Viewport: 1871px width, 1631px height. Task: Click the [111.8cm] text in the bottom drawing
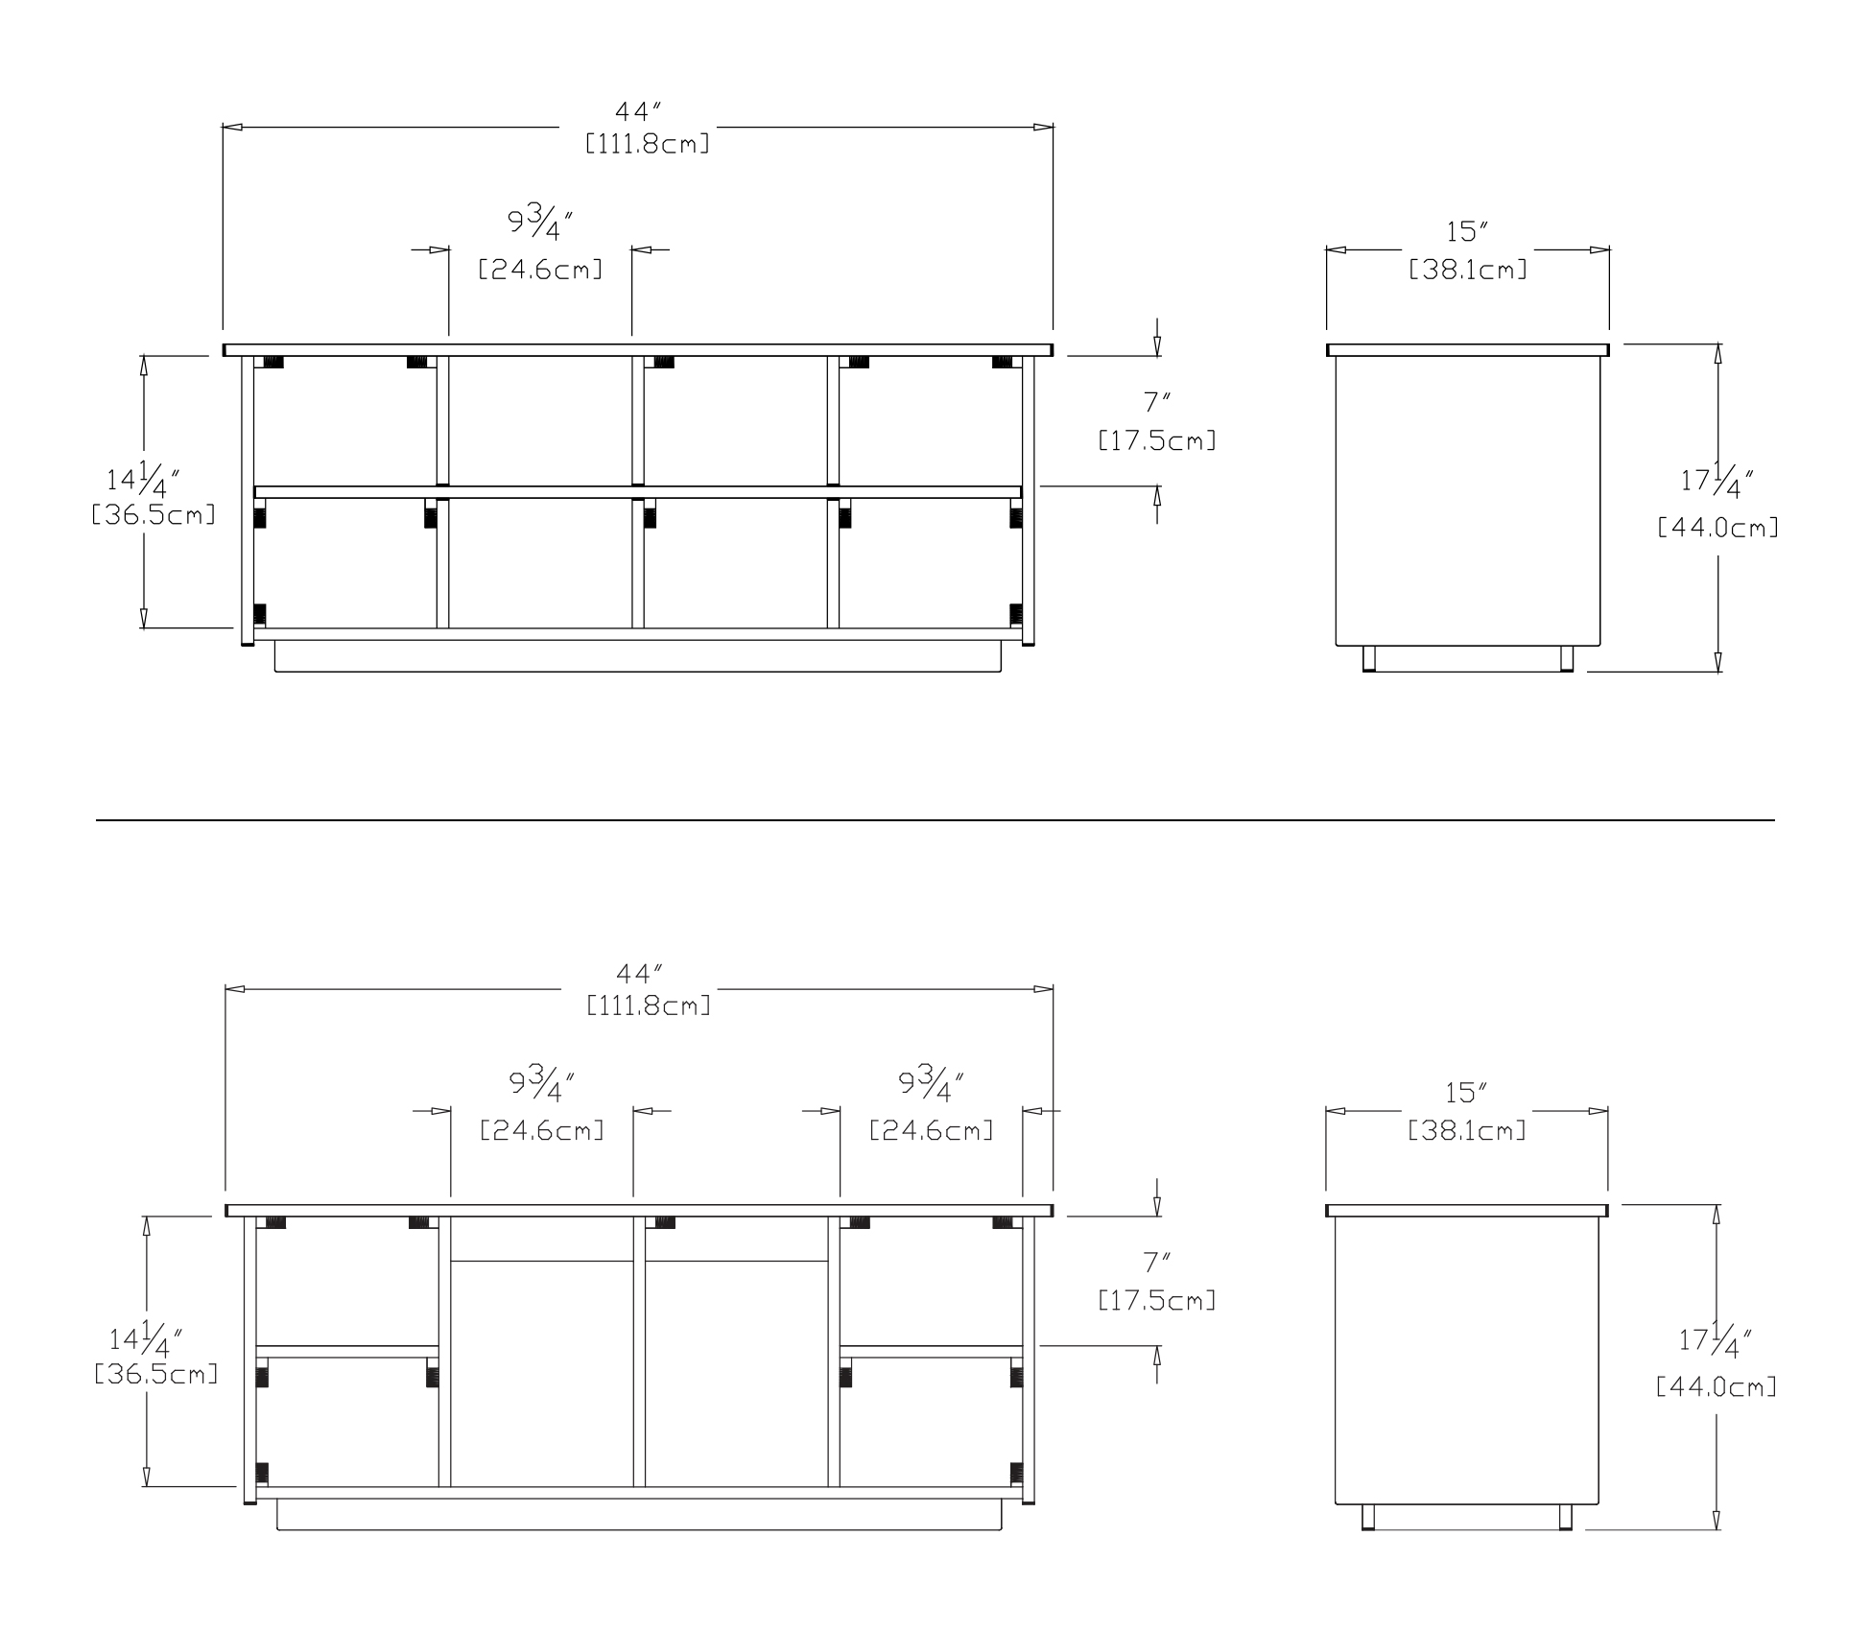(649, 1006)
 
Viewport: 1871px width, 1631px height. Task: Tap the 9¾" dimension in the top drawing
(540, 224)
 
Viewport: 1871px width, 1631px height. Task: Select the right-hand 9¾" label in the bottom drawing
(930, 1085)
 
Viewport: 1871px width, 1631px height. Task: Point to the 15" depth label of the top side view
(1466, 232)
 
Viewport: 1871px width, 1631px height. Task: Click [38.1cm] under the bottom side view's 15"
(1466, 1131)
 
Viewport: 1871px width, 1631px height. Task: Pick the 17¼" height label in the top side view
(1717, 481)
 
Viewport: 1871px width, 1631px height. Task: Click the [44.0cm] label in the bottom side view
(1717, 1387)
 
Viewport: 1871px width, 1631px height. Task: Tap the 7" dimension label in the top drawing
(1157, 404)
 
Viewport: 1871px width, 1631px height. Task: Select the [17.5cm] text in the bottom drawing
(1157, 1302)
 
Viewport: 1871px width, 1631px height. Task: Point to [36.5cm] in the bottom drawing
(156, 1375)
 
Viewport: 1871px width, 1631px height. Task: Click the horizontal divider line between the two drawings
(935, 820)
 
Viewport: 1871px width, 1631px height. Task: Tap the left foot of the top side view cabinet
(1369, 658)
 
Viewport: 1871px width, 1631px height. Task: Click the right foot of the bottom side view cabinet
(1565, 1517)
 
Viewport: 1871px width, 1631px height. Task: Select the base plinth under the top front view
(638, 657)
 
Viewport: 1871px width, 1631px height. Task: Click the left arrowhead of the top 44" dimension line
(231, 127)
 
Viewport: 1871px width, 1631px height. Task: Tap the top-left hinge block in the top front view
(272, 363)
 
